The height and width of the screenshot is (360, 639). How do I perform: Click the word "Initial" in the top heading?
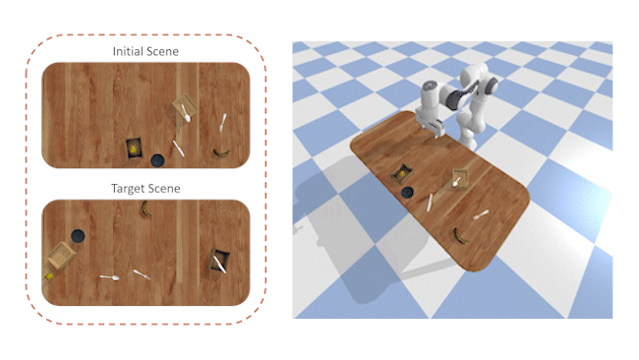pyautogui.click(x=125, y=51)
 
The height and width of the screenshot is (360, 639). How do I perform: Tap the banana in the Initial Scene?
pyautogui.click(x=221, y=152)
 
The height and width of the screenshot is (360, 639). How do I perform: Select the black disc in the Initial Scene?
pyautogui.click(x=157, y=160)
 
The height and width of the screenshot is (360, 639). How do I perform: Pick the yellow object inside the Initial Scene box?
pyautogui.click(x=134, y=150)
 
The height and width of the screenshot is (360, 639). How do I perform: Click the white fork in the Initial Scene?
pyautogui.click(x=222, y=122)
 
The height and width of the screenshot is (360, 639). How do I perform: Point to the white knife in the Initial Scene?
pyautogui.click(x=179, y=149)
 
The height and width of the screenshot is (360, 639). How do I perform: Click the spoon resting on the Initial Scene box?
pyautogui.click(x=186, y=113)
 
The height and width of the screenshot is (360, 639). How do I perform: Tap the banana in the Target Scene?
pyautogui.click(x=145, y=209)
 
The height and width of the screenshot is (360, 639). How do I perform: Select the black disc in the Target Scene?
pyautogui.click(x=78, y=236)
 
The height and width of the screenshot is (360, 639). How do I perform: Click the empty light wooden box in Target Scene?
pyautogui.click(x=61, y=255)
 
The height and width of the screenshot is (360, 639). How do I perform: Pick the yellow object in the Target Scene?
pyautogui.click(x=49, y=276)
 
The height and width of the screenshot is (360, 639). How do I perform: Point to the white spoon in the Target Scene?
pyautogui.click(x=110, y=277)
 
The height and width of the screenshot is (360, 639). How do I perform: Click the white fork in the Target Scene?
pyautogui.click(x=142, y=274)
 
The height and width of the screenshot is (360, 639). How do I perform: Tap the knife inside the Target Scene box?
pyautogui.click(x=219, y=264)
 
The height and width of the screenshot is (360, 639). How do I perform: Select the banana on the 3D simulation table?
pyautogui.click(x=460, y=236)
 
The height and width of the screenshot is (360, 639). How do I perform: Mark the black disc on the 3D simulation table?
pyautogui.click(x=407, y=192)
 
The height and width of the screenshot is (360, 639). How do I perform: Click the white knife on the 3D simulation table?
pyautogui.click(x=430, y=203)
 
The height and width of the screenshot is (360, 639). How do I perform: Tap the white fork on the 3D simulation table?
pyautogui.click(x=481, y=214)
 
